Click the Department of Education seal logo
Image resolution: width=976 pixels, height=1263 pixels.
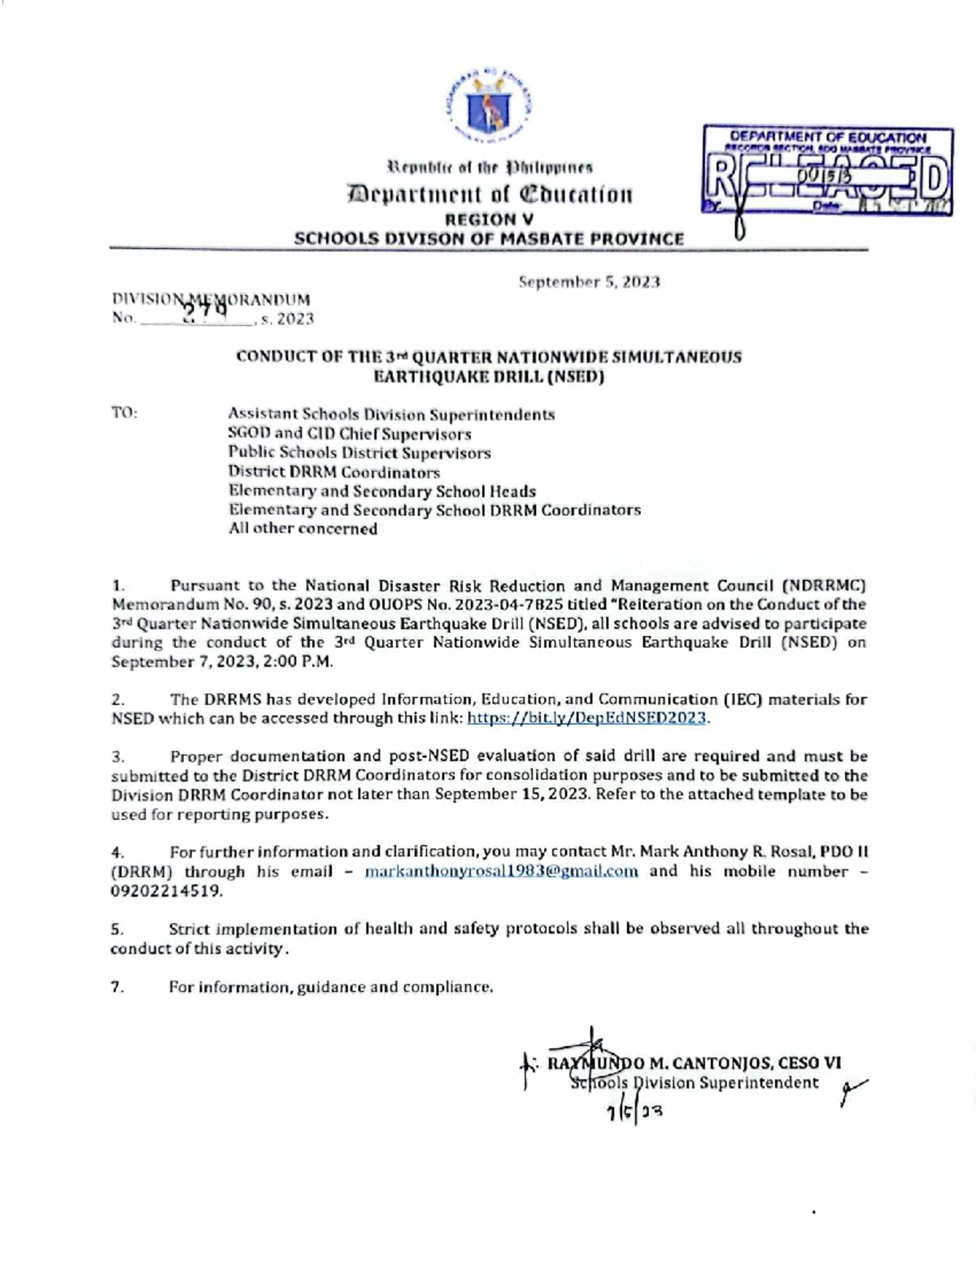pyautogui.click(x=488, y=104)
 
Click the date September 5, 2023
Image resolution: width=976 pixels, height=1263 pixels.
pyautogui.click(x=590, y=282)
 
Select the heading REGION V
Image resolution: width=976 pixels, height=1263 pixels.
pyautogui.click(x=489, y=220)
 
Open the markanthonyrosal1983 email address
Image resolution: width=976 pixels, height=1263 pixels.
pyautogui.click(x=501, y=872)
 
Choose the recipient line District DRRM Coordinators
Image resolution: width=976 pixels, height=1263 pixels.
pyautogui.click(x=333, y=472)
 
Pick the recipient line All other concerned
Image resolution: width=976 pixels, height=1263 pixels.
pyautogui.click(x=303, y=529)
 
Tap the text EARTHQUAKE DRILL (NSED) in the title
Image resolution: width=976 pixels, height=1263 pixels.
pyautogui.click(x=488, y=377)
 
